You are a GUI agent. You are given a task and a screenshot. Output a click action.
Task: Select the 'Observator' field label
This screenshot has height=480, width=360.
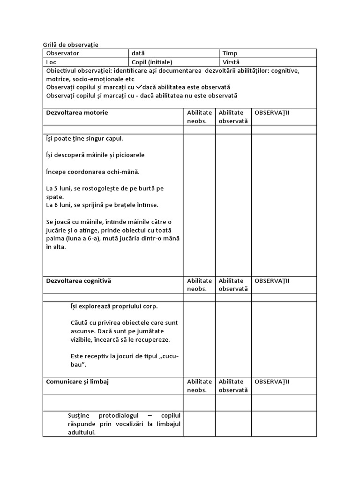[x=63, y=53]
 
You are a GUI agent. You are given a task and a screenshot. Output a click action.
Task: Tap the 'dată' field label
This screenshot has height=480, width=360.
[x=138, y=53]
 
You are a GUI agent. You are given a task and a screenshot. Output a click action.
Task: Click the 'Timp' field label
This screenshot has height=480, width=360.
[x=230, y=53]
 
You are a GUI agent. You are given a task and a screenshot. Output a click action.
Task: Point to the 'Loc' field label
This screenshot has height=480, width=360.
[x=51, y=62]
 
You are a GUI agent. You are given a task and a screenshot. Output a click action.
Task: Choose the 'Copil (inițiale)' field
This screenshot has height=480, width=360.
[x=151, y=62]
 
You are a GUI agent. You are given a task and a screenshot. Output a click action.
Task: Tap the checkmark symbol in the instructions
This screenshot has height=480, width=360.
[x=139, y=87]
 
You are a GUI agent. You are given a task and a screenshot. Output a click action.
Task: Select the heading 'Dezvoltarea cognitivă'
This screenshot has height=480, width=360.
[x=79, y=281]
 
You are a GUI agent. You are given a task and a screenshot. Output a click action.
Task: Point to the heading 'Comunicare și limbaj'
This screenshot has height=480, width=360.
[x=77, y=382]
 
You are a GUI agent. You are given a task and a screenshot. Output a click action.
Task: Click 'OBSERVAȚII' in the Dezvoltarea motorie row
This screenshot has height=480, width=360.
[x=272, y=112]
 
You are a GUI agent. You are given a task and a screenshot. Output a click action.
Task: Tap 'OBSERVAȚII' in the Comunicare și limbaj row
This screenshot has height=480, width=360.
[x=272, y=382]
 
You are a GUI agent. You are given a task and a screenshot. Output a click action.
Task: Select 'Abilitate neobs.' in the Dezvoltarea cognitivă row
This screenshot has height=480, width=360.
[x=199, y=285]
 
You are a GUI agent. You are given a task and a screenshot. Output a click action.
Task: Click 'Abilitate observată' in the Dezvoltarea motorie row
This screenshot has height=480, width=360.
[x=233, y=117]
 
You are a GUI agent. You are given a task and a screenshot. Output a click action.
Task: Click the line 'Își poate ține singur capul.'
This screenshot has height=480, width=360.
[x=85, y=139]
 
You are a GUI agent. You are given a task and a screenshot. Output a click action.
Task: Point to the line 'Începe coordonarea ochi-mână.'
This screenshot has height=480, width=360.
[x=93, y=172]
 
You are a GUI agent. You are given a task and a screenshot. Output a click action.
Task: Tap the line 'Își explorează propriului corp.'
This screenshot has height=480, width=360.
[x=114, y=306]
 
